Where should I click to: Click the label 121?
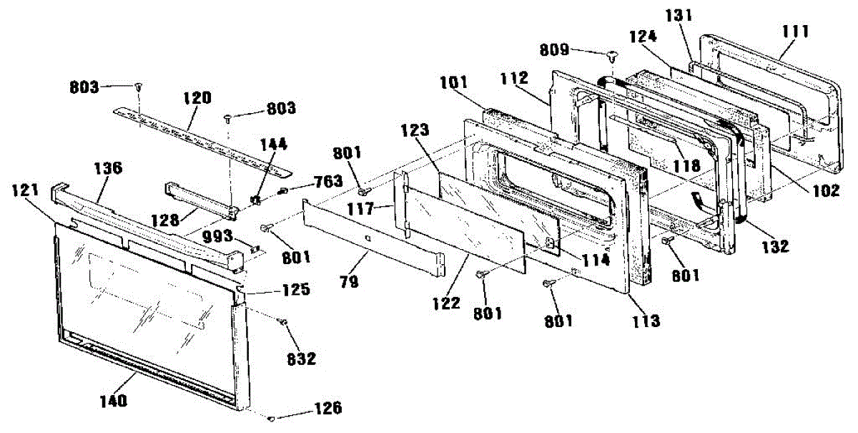coord(26,188)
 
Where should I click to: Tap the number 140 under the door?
coord(115,401)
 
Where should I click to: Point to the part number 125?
coord(295,290)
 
